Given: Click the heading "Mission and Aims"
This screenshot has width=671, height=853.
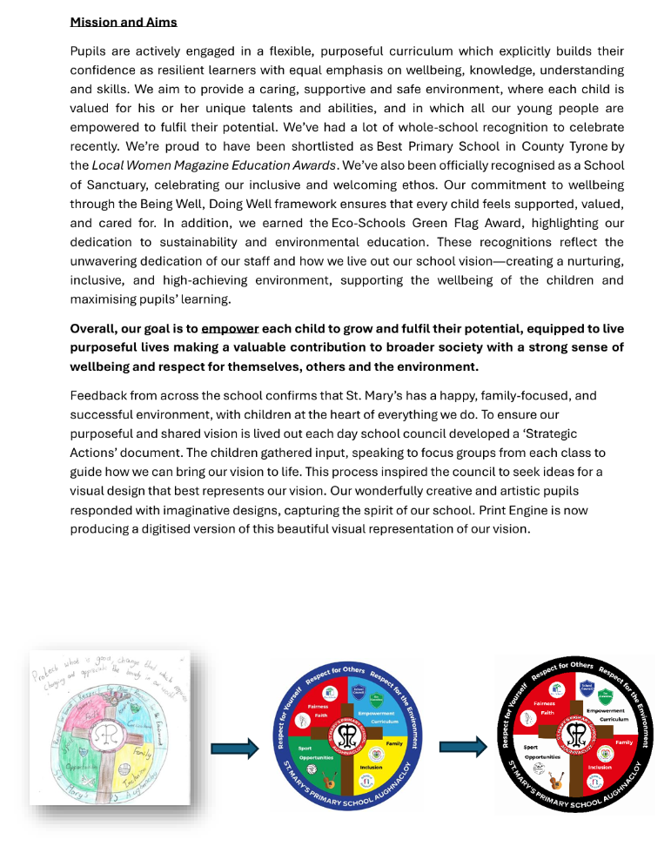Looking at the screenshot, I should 123,22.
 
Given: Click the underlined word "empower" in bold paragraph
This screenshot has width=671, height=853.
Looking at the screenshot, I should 230,329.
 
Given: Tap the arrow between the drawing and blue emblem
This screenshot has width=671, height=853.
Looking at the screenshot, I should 235,748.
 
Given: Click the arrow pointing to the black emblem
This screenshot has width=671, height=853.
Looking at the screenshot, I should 462,746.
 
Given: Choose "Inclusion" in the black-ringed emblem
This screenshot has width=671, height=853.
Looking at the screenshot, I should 600,767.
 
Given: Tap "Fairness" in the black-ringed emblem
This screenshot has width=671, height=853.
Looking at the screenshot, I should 544,703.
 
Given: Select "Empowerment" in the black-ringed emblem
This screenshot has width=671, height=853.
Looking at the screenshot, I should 606,710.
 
